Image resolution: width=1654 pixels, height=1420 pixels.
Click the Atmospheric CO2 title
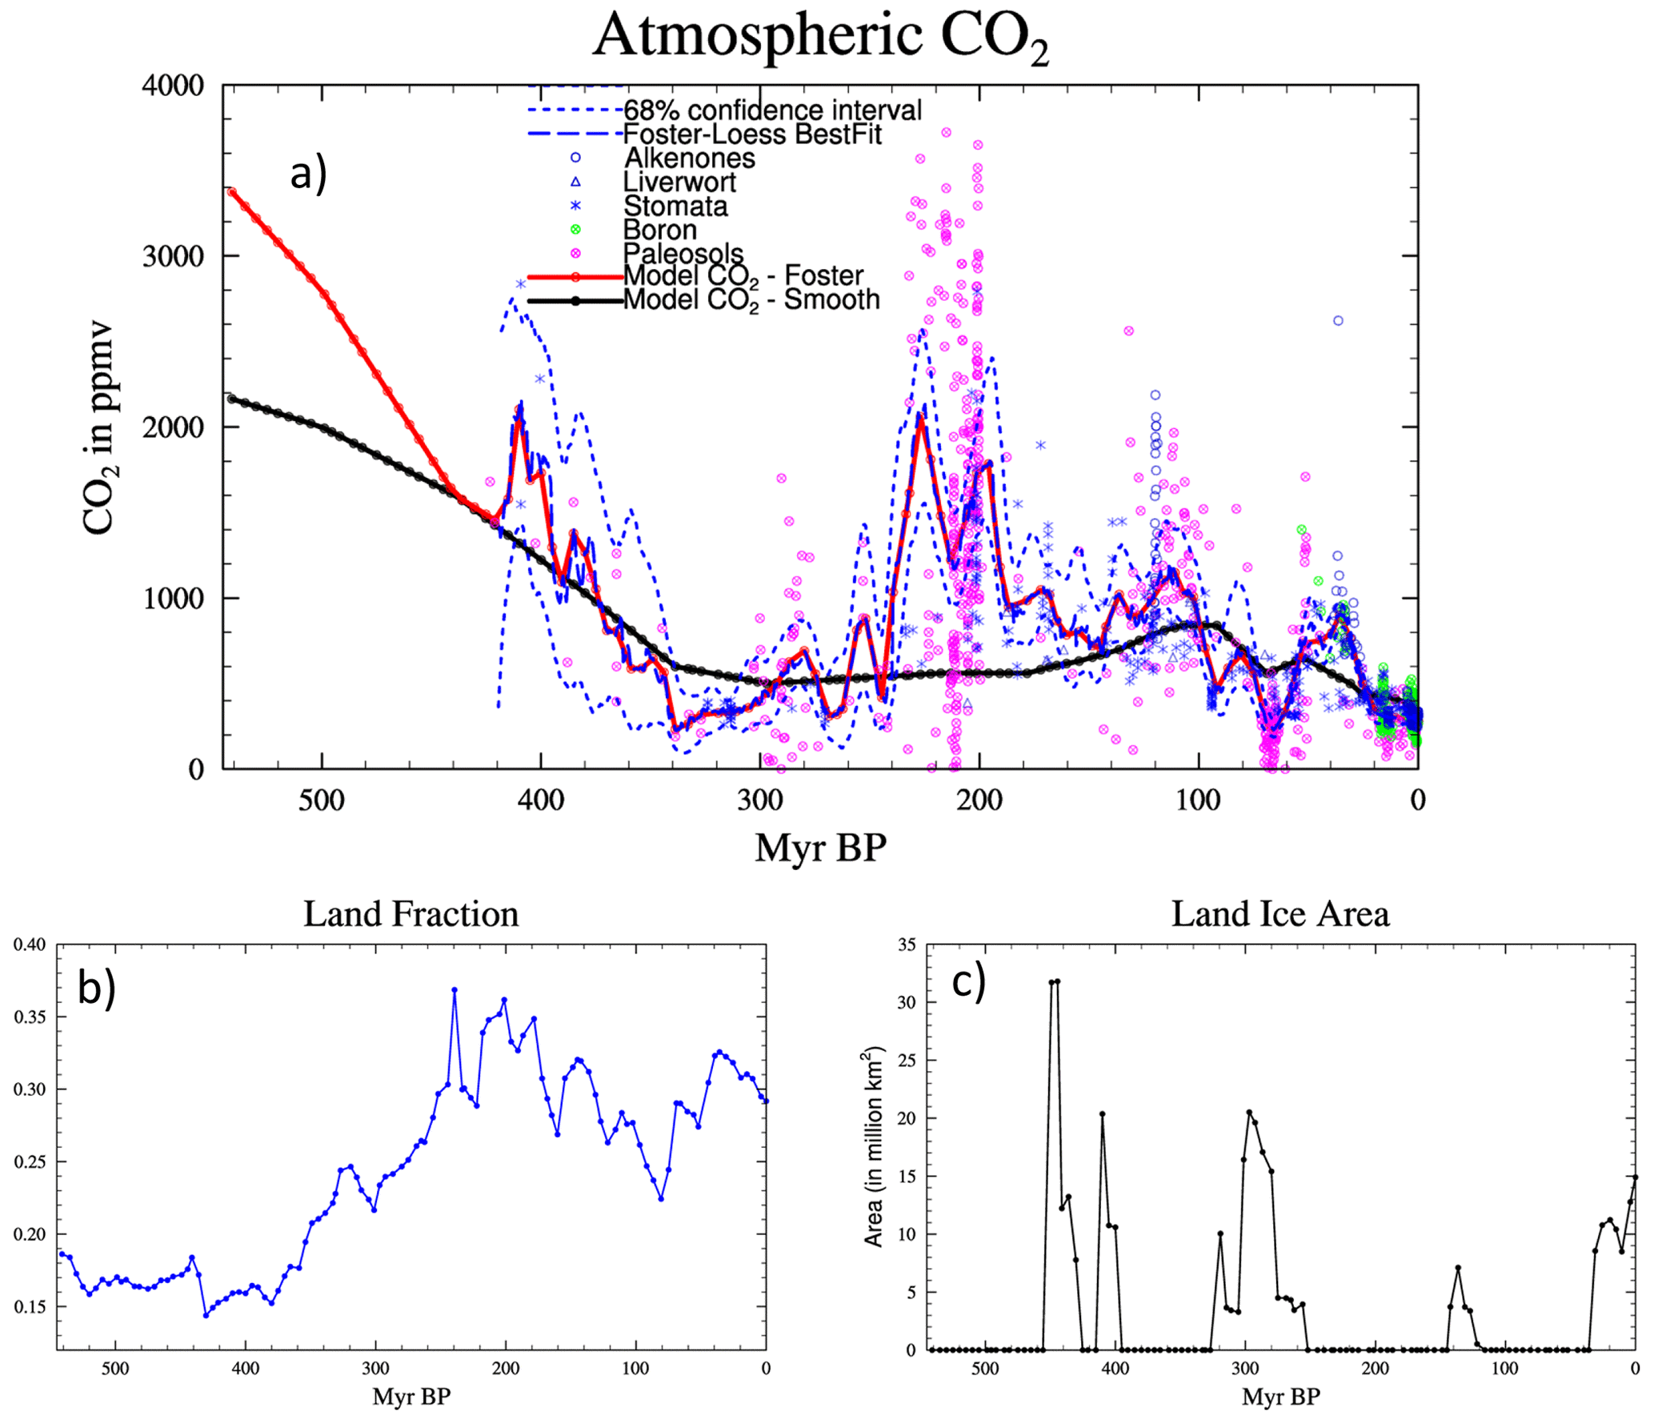820,36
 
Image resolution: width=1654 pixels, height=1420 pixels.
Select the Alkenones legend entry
689,158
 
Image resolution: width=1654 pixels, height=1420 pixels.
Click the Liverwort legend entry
679,182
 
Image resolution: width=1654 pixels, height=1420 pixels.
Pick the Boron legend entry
659,230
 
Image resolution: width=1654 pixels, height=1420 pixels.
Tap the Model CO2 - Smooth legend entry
751,300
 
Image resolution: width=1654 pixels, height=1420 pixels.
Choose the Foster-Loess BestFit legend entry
752,134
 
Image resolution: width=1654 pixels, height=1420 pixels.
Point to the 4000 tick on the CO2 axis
173,85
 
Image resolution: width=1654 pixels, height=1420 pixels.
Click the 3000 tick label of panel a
173,256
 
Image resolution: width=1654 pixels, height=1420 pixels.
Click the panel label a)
308,174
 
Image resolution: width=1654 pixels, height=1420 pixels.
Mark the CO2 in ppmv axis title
99,427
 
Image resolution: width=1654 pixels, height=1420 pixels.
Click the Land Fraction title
410,914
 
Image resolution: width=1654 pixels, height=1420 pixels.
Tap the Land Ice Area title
1280,914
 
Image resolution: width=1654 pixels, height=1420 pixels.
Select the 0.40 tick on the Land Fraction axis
30,945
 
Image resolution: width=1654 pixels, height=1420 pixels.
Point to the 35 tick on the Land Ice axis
907,945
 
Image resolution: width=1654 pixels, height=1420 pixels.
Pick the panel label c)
968,982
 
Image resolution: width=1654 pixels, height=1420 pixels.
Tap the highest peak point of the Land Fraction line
455,990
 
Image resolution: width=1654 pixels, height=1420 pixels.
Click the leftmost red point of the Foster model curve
231,191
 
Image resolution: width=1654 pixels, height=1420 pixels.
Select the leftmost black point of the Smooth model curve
231,398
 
